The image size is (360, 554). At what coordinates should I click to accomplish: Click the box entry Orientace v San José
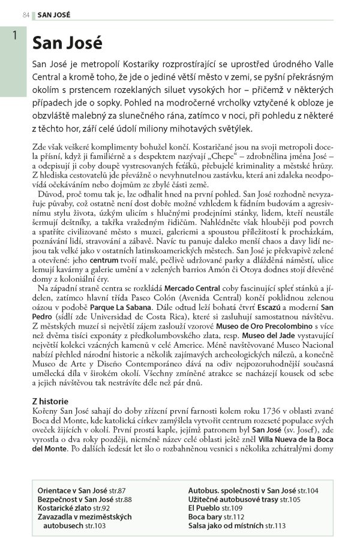(75, 490)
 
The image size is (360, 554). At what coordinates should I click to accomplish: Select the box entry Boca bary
(205, 517)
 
